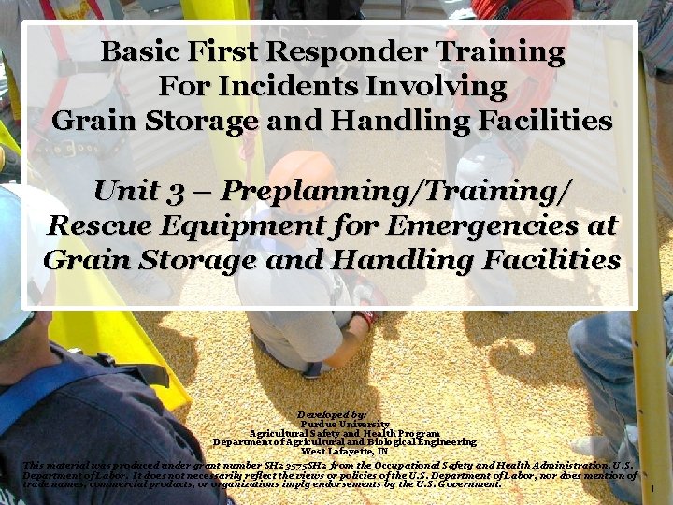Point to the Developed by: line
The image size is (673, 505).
[332, 412]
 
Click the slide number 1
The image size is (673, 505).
[652, 488]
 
